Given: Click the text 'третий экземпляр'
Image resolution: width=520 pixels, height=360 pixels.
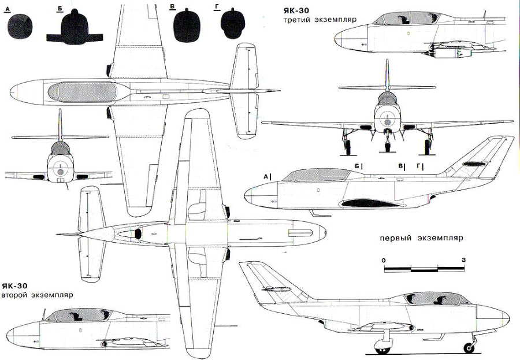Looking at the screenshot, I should coord(319,20).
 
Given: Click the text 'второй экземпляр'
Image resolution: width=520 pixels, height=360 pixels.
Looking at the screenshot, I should coord(38,295).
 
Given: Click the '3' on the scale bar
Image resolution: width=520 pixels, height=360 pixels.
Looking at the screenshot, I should coord(464,261).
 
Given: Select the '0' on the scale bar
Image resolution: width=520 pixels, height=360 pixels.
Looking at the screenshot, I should coord(384,261).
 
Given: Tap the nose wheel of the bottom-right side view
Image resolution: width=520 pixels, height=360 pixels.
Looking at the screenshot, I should coord(469,347).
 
